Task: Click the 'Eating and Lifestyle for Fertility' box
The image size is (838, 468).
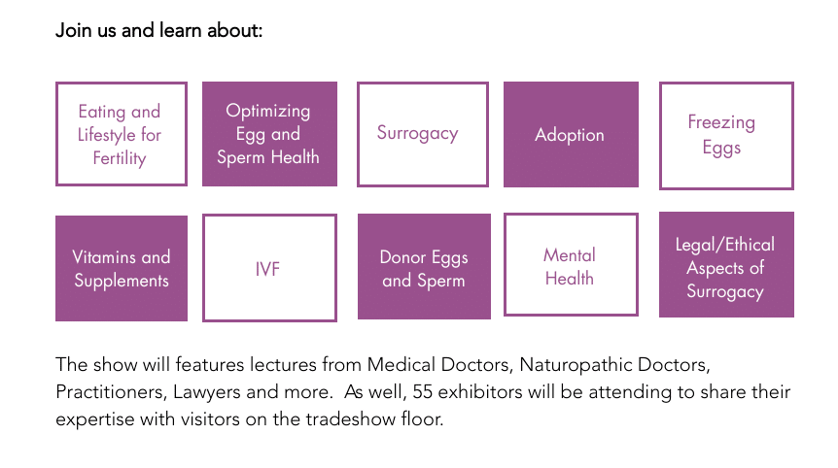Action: tap(122, 134)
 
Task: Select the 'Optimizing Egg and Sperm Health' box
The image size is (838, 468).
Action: tap(269, 134)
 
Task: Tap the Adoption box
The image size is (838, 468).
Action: tap(571, 134)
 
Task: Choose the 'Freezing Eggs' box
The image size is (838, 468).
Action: tap(726, 136)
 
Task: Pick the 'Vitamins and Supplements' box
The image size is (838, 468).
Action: tap(122, 268)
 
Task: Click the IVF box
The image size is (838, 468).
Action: tap(269, 268)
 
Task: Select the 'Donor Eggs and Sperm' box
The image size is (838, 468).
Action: tap(424, 267)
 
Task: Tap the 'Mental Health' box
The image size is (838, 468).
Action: tap(571, 265)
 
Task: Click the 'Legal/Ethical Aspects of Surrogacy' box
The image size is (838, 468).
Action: tap(726, 265)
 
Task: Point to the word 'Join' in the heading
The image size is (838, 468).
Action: tap(74, 30)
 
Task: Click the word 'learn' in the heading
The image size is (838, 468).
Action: tap(181, 30)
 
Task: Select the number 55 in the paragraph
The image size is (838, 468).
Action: tap(422, 391)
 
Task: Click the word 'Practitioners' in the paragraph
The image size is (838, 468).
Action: tap(111, 392)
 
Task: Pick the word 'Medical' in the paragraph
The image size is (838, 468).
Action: tap(401, 364)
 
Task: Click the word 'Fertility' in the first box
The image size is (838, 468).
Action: tap(120, 158)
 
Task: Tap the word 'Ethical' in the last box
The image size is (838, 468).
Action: tap(750, 245)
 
